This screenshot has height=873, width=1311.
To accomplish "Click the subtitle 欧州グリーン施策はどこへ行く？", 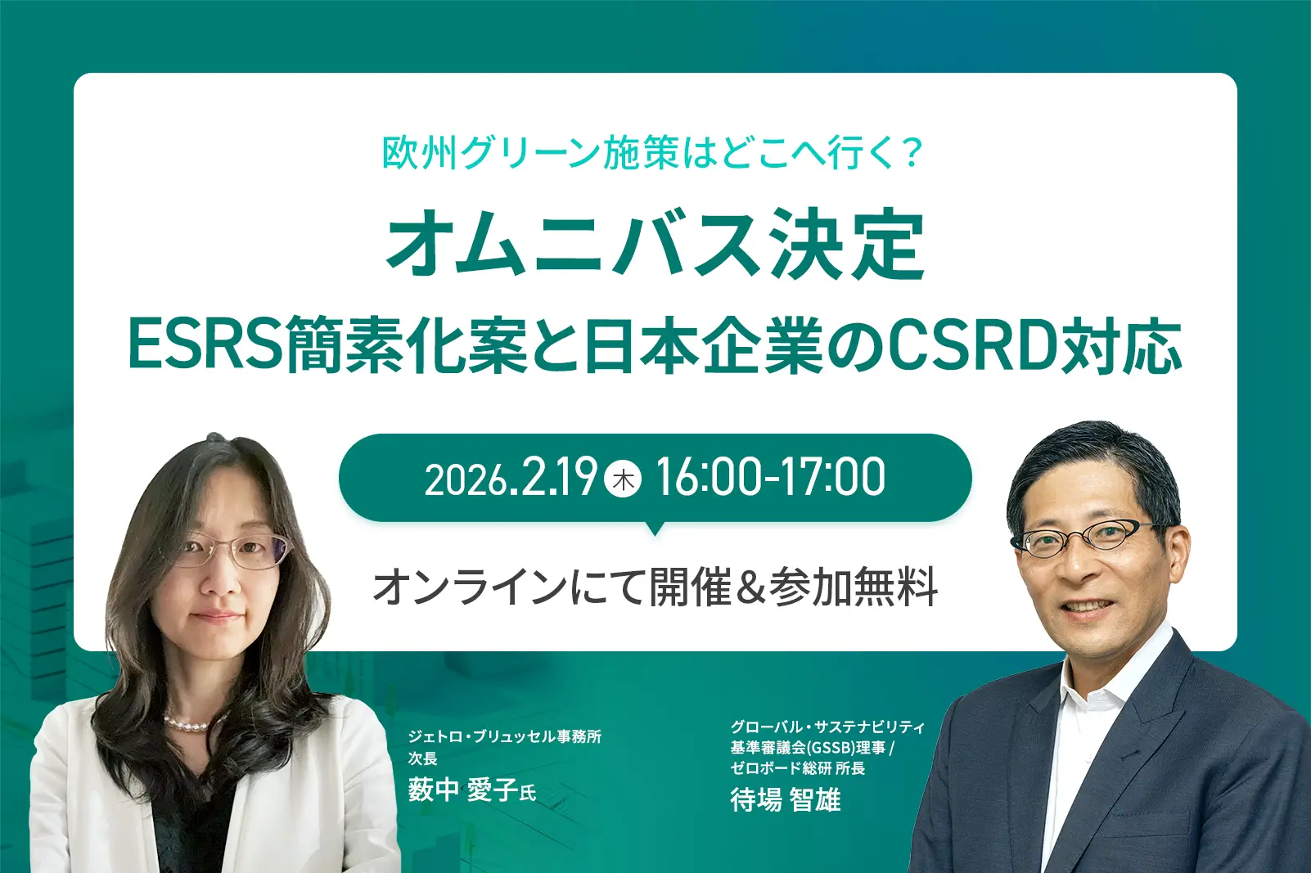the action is (652, 153).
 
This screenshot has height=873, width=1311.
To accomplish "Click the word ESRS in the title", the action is (205, 344).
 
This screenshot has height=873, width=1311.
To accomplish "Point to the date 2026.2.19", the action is (511, 478).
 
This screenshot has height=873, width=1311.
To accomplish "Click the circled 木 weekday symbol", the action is (623, 479).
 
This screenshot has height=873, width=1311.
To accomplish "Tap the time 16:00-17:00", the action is (771, 478).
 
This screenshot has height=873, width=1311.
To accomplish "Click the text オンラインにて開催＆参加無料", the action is (655, 588).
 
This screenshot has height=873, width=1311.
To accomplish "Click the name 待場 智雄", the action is (786, 800).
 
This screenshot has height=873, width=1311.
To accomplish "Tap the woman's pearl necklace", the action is (186, 726).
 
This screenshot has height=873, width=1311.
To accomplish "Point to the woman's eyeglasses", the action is (231, 551).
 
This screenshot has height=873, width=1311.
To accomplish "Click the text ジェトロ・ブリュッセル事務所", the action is (505, 736).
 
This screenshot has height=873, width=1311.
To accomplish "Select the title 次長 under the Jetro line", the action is (422, 758).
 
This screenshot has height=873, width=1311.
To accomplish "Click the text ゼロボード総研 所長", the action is (798, 767).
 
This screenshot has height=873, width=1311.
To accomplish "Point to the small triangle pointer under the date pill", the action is (655, 529).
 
